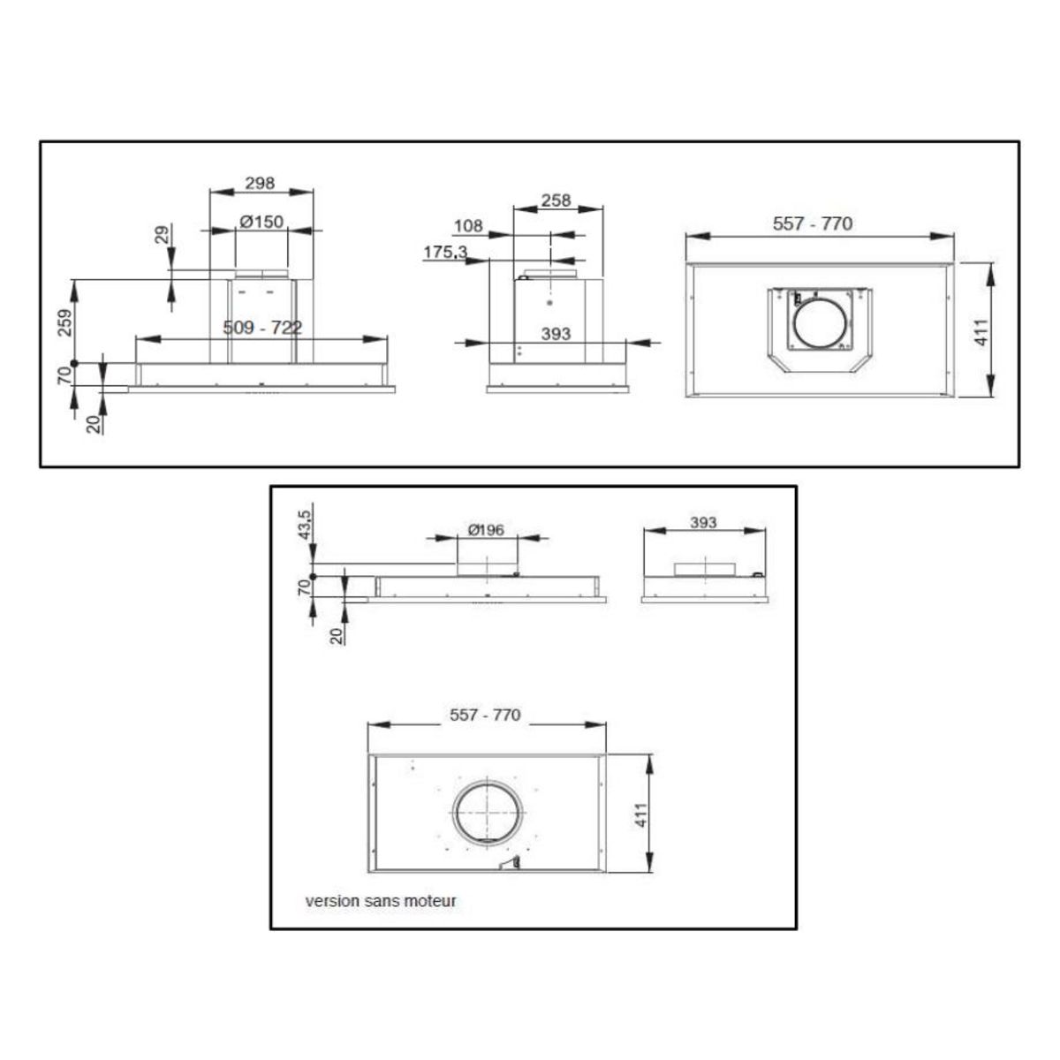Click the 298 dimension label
260,183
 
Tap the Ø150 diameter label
261,222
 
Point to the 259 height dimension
64,322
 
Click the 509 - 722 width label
262,328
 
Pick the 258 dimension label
556,201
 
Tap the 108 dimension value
468,225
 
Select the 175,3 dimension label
445,252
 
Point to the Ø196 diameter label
486,530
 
